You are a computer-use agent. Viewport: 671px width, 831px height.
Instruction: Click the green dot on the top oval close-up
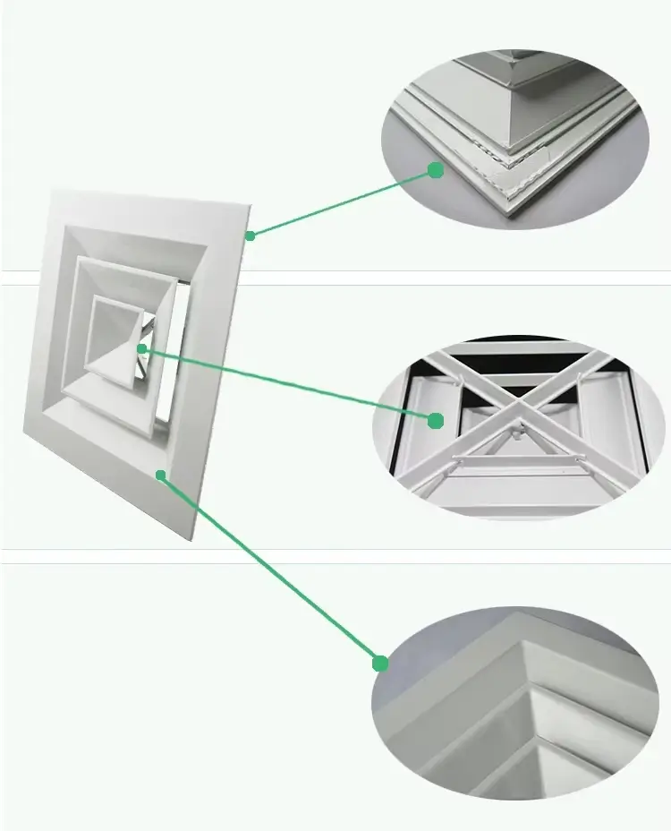[x=436, y=169]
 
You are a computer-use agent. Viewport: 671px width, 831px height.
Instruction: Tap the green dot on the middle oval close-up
[x=436, y=420]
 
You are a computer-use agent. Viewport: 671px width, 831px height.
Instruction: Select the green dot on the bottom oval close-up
[x=381, y=664]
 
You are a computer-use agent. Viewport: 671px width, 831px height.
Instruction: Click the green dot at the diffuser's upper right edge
[x=251, y=236]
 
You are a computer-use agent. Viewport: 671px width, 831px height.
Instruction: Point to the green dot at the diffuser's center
[x=142, y=348]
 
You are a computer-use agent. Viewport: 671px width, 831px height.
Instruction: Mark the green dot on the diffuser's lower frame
[x=161, y=475]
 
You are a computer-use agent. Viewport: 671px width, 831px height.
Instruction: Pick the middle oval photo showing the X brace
[x=519, y=425]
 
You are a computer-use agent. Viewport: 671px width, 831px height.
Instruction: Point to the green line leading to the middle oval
[x=286, y=383]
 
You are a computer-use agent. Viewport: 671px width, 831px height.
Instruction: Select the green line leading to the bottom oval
[x=268, y=569]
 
